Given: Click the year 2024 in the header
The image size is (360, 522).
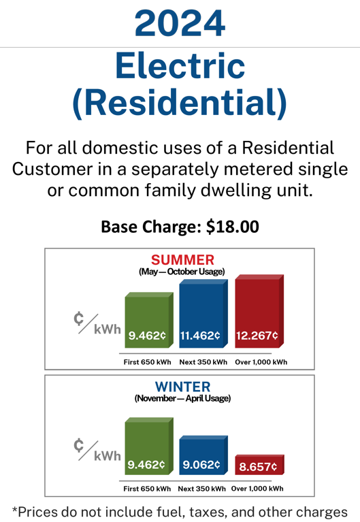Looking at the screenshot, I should click(180, 23).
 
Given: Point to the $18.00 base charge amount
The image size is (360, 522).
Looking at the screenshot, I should click(231, 227).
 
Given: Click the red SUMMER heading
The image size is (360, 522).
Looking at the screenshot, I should click(182, 259).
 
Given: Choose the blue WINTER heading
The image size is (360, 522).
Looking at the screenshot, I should click(182, 387).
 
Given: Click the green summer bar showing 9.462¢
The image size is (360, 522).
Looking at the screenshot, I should click(147, 324).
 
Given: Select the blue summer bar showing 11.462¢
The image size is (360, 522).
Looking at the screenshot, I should click(201, 317).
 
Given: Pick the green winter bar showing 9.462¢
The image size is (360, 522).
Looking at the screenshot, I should click(147, 449).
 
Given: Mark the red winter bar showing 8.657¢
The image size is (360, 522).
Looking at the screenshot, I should click(257, 466).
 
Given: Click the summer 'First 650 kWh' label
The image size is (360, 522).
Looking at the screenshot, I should click(147, 362).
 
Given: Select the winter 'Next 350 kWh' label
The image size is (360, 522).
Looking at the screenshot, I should click(202, 489).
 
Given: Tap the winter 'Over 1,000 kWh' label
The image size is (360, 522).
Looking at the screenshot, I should click(258, 489).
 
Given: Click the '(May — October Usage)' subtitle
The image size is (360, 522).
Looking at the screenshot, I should click(182, 272).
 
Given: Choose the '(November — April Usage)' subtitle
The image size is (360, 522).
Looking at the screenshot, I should click(182, 399).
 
